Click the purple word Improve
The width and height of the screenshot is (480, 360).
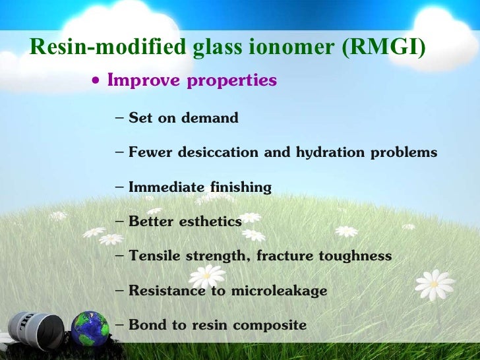pyautogui.click(x=144, y=80)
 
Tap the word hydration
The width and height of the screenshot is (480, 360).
pyautogui.click(x=320, y=152)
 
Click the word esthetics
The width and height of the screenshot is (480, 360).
pyautogui.click(x=210, y=221)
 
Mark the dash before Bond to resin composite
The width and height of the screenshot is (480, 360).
pyautogui.click(x=119, y=324)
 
